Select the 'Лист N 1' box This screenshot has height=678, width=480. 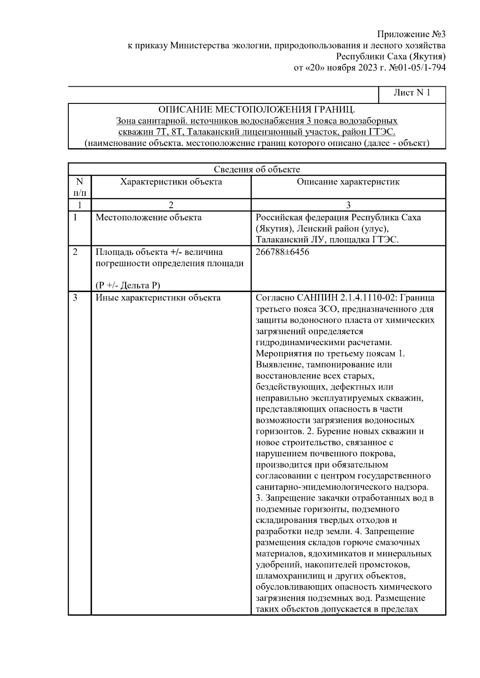click(x=412, y=93)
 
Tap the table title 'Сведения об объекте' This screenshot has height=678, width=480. click(x=256, y=169)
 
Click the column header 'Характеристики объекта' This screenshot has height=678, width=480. click(x=171, y=182)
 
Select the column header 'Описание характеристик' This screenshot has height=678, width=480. click(x=348, y=182)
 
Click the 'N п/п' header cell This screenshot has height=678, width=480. click(x=80, y=187)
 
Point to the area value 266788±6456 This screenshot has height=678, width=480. click(x=282, y=253)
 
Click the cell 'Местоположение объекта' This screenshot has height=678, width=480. click(x=148, y=218)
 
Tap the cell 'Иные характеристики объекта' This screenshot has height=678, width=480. click(x=158, y=298)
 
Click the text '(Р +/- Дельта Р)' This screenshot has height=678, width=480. click(x=128, y=285)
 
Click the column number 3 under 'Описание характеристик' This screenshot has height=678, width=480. click(x=348, y=205)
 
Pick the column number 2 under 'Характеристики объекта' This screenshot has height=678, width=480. click(x=171, y=205)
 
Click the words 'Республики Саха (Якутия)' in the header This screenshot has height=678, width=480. click(x=391, y=56)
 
